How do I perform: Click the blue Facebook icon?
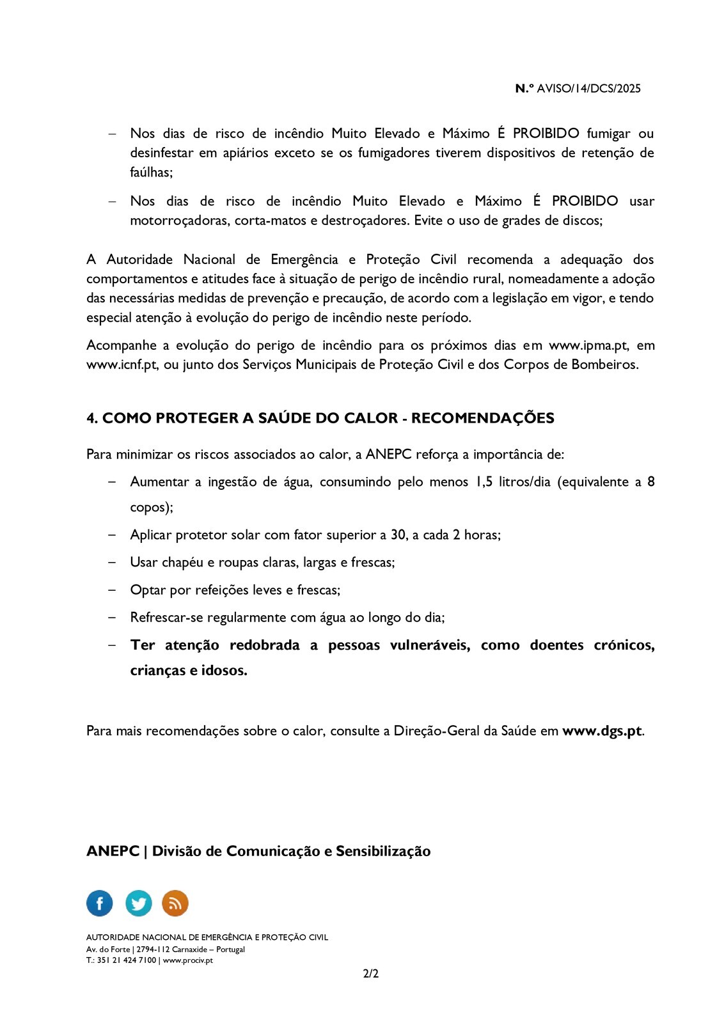(99, 903)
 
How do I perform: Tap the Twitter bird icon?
(138, 903)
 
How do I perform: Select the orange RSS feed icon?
(175, 903)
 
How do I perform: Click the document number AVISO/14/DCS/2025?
(588, 89)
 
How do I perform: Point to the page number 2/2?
(371, 974)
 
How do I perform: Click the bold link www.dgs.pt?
(602, 731)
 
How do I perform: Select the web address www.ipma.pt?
(588, 345)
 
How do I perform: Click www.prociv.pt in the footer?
(188, 960)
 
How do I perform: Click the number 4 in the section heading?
(91, 418)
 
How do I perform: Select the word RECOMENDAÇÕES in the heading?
(482, 418)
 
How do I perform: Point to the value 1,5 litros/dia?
(512, 482)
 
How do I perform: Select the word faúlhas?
(151, 173)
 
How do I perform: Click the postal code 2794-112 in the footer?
(153, 949)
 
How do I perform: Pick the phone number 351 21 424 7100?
(127, 960)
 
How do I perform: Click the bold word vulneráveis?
(430, 645)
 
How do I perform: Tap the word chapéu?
(182, 563)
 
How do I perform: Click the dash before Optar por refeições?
(112, 590)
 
